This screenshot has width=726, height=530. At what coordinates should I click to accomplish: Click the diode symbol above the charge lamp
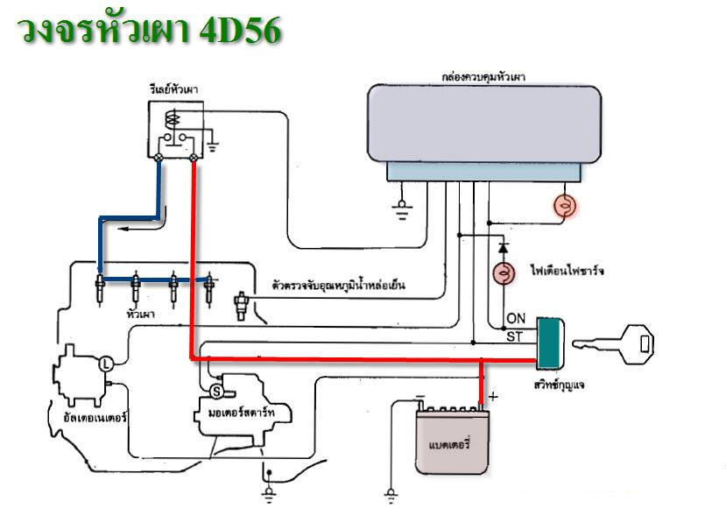(x=503, y=240)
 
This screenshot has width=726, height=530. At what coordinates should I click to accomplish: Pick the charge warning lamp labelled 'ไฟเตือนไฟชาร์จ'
(x=504, y=272)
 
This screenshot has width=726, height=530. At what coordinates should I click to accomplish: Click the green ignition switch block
(x=550, y=341)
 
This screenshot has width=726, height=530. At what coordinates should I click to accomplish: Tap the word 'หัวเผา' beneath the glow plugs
(x=135, y=313)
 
